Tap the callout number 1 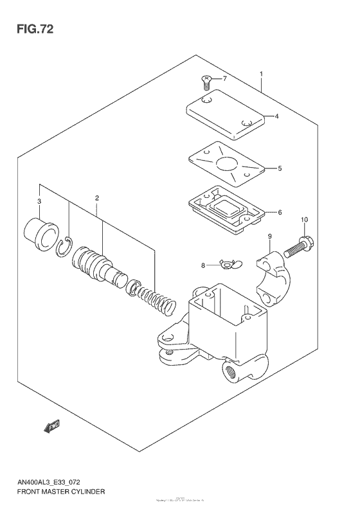click(x=262, y=74)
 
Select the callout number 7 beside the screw click(x=225, y=79)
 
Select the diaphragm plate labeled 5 click(x=225, y=163)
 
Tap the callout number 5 click(x=280, y=168)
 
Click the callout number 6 click(x=280, y=212)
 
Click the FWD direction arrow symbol click(x=51, y=425)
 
